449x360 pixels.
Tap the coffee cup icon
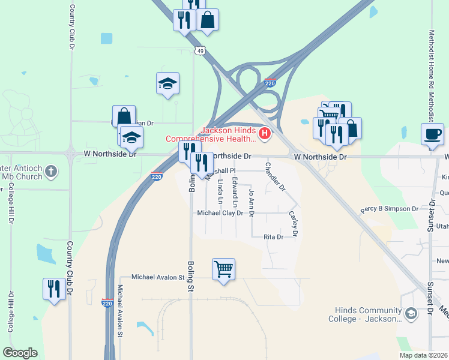432,135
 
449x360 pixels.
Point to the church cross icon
51,171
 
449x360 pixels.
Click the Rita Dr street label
273,237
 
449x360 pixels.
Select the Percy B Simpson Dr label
389,209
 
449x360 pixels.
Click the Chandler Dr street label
275,176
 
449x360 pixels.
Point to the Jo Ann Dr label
252,202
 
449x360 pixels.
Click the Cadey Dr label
294,223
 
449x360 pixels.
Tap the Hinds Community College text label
365,314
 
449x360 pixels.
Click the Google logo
20,353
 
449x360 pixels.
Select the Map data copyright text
423,355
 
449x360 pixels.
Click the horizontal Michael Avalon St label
158,277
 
